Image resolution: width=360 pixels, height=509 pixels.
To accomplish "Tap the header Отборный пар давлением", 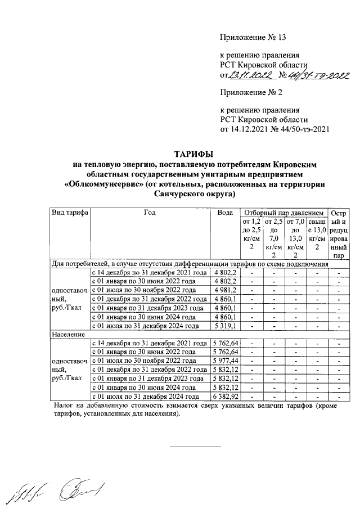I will (x=283, y=213).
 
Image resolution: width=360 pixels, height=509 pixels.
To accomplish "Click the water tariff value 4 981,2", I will (x=227, y=290).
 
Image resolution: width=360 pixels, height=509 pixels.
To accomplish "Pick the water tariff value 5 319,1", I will (x=227, y=326).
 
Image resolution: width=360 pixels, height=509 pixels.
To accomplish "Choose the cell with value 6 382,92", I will (x=226, y=397).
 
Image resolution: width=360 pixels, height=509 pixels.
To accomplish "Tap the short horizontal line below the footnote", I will (x=195, y=447).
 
